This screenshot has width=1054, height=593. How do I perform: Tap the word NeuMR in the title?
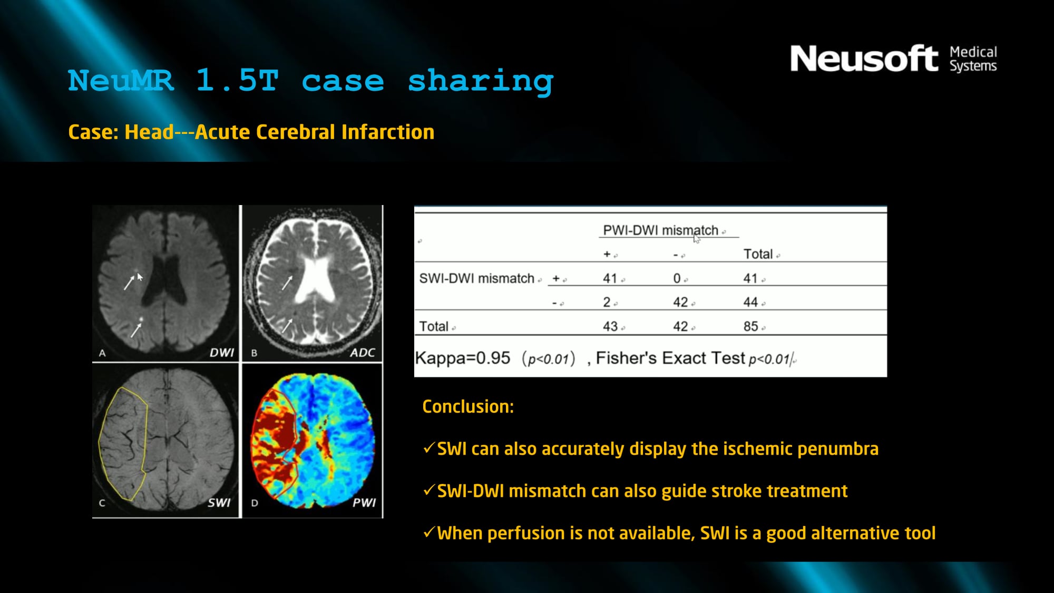pyautogui.click(x=121, y=81)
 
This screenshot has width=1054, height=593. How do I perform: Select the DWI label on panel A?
pyautogui.click(x=222, y=353)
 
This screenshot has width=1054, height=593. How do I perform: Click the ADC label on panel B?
pyautogui.click(x=363, y=353)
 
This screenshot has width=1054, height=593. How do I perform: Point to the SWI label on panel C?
pyautogui.click(x=219, y=502)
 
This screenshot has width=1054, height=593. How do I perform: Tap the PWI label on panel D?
pyautogui.click(x=364, y=502)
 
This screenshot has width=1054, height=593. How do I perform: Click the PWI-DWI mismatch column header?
pyautogui.click(x=660, y=230)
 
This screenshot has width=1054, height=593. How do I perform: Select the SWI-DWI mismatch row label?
pyautogui.click(x=476, y=278)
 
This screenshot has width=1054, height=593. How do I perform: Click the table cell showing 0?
pyautogui.click(x=677, y=278)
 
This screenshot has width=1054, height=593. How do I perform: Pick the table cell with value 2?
pyautogui.click(x=607, y=302)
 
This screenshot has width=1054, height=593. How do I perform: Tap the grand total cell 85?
pyautogui.click(x=751, y=326)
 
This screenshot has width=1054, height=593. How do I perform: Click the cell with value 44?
pyautogui.click(x=750, y=302)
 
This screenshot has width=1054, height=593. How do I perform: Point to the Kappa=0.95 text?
pyautogui.click(x=463, y=358)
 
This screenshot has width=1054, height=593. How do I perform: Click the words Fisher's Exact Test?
pyautogui.click(x=670, y=358)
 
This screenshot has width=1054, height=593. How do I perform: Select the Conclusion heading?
pyautogui.click(x=468, y=406)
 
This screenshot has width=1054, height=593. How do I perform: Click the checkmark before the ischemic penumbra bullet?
pyautogui.click(x=429, y=448)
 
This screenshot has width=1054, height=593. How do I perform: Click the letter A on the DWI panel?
pyautogui.click(x=102, y=353)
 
